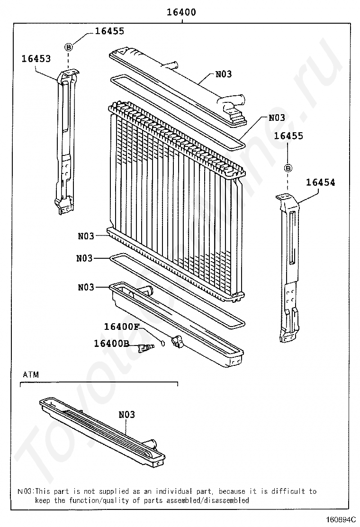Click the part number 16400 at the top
(x=181, y=12)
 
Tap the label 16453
(x=36, y=58)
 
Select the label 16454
(x=320, y=182)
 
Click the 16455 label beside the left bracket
(x=109, y=31)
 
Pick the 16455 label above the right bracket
(x=288, y=136)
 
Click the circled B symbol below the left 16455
(x=68, y=46)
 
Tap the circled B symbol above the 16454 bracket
(x=288, y=168)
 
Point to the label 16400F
(x=122, y=327)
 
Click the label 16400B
(x=111, y=343)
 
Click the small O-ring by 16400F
(x=163, y=343)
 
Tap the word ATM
(x=31, y=374)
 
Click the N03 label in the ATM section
(x=126, y=415)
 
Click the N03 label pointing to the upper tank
(x=224, y=74)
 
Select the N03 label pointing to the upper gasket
(x=277, y=118)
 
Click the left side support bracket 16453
(x=65, y=142)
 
